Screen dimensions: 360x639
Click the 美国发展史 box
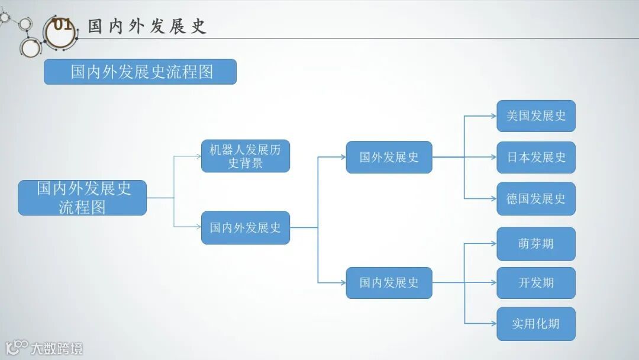click(536, 116)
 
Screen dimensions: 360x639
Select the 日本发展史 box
click(536, 157)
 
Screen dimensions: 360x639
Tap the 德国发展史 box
click(536, 199)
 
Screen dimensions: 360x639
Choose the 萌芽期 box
click(536, 244)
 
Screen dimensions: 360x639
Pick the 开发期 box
click(536, 283)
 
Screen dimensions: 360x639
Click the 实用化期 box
click(536, 324)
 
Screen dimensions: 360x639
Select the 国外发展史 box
click(389, 157)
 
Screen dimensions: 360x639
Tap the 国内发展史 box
click(389, 283)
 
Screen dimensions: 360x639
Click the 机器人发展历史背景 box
click(246, 156)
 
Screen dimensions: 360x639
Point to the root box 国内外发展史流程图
click(82, 198)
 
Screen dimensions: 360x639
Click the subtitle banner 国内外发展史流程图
click(140, 72)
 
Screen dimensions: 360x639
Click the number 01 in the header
click(62, 25)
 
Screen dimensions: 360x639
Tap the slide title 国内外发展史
click(147, 26)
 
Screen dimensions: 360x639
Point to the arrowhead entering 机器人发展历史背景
click(198, 156)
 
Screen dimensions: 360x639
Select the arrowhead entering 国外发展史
click(343, 157)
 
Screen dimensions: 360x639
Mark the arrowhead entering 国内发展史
click(343, 282)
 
